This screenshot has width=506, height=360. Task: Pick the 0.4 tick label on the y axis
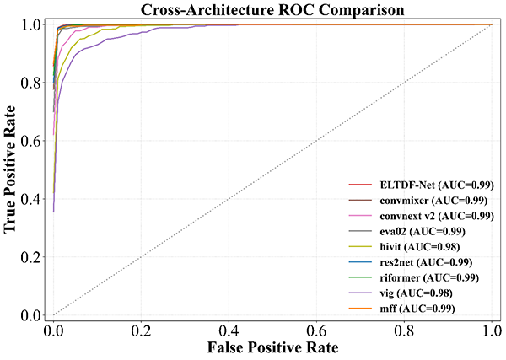pos(33,199)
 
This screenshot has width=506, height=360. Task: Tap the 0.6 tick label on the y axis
pos(33,141)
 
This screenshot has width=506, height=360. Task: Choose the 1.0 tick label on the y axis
pos(33,24)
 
